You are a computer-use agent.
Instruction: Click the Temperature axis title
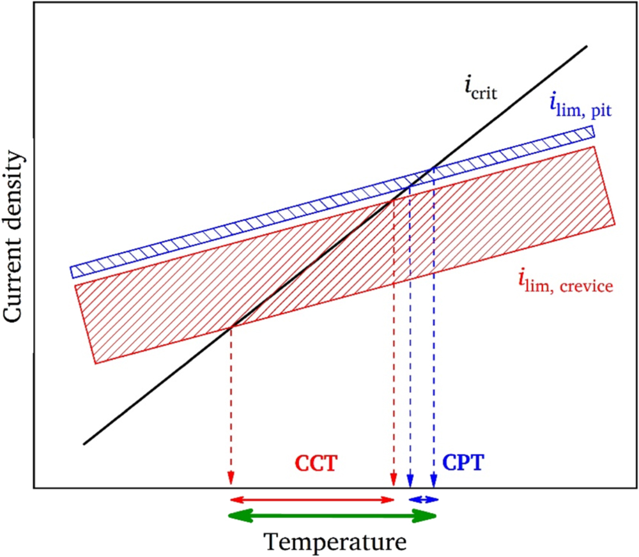[x=335, y=542]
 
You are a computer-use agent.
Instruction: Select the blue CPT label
[x=458, y=463]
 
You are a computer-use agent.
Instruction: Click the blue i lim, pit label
[x=580, y=105]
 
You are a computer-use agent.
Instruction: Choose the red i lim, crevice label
[x=566, y=282]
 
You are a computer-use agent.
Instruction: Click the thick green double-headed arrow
[x=332, y=516]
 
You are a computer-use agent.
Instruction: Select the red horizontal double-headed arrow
[x=312, y=499]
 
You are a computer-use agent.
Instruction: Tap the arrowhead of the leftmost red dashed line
[x=231, y=481]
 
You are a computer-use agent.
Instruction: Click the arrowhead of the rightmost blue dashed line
[x=435, y=481]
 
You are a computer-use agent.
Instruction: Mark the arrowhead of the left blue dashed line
[x=410, y=481]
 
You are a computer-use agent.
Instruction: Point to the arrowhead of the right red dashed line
[x=394, y=481]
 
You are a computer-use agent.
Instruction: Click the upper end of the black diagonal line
[x=586, y=46]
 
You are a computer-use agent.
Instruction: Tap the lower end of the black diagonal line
[x=84, y=443]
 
